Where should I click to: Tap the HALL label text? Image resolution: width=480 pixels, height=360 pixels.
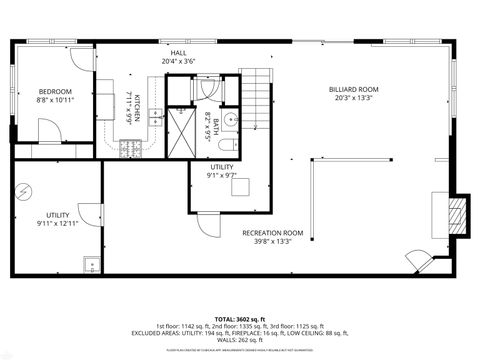179,52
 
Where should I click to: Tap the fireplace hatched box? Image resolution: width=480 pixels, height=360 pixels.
456,212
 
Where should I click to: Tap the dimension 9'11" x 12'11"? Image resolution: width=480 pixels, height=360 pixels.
58,224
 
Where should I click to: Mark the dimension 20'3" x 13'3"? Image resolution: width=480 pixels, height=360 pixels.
355,98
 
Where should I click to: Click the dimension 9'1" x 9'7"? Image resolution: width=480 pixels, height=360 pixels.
222,175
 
